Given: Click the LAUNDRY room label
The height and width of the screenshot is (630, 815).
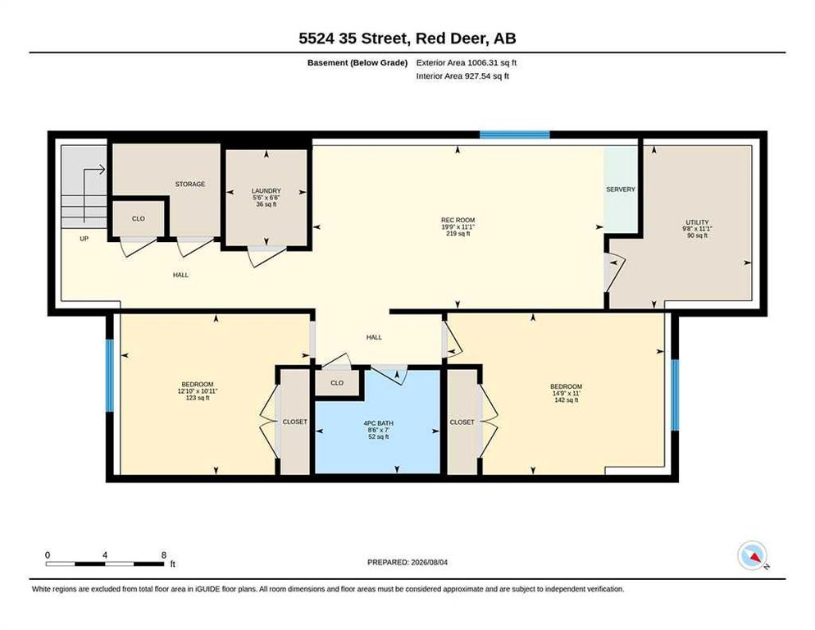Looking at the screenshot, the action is click(266, 191).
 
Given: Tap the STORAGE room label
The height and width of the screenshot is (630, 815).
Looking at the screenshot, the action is click(189, 185).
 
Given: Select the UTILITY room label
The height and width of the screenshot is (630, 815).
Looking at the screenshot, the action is click(697, 222).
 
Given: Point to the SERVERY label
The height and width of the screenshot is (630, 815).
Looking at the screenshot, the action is click(621, 189).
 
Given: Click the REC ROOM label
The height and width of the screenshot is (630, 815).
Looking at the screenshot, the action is click(458, 220).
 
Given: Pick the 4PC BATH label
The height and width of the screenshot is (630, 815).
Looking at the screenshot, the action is click(379, 423).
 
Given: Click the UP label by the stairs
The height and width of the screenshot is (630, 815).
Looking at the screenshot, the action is click(84, 239).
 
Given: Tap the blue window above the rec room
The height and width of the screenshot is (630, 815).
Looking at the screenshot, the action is click(514, 135).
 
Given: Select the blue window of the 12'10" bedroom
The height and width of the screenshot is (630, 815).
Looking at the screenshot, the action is click(110, 375).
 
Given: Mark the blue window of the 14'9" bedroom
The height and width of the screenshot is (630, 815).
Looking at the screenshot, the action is click(675, 395).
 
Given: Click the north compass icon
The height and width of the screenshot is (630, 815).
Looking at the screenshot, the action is click(753, 555).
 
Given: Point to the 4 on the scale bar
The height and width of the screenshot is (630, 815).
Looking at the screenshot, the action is click(105, 555).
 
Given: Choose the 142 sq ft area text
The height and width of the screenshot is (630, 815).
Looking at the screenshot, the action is click(567, 400).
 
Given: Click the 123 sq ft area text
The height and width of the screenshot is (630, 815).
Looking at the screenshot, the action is click(198, 398).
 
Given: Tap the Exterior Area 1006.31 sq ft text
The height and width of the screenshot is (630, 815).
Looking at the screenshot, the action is click(467, 63).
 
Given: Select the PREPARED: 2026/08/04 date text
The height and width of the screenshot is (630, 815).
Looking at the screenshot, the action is click(407, 563).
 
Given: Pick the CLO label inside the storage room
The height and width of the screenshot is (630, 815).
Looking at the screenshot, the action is click(139, 218).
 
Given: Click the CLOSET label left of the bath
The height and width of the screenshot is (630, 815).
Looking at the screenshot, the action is click(294, 422).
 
